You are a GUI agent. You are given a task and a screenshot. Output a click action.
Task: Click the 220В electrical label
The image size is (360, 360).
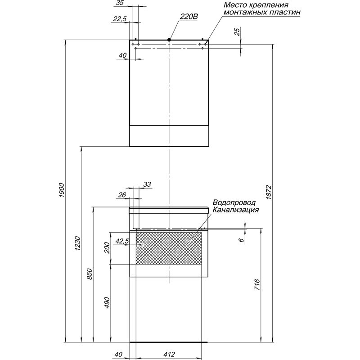click(x=189, y=17)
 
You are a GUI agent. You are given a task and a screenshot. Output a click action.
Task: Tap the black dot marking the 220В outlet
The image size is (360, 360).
click(x=169, y=40)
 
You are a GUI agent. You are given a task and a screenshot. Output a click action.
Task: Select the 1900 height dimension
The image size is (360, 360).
click(x=62, y=190)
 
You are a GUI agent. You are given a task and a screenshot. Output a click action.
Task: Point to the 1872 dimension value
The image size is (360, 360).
click(x=269, y=192)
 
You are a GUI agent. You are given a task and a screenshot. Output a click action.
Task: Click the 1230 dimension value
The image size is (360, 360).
click(x=77, y=243)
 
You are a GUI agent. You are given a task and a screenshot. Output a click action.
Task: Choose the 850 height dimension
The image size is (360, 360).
click(x=89, y=274)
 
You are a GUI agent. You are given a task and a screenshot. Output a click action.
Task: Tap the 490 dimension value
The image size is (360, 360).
click(x=107, y=302)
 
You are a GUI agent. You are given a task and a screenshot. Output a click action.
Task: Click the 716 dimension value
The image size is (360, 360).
click(x=257, y=285)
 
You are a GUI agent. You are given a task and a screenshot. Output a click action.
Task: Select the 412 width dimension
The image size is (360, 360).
click(x=169, y=355)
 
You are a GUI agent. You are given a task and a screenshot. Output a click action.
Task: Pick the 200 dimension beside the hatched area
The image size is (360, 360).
click(x=107, y=247)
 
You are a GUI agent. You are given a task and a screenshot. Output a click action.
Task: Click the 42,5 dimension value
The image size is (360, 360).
click(x=122, y=241)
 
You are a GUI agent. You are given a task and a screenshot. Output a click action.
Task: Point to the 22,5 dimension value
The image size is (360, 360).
click(x=120, y=19)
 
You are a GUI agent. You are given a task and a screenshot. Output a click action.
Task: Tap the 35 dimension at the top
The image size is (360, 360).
click(x=120, y=3)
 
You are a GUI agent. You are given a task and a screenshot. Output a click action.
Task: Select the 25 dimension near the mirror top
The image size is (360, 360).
click(x=237, y=31)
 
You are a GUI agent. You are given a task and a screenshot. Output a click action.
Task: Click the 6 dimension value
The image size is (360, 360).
click(x=241, y=240)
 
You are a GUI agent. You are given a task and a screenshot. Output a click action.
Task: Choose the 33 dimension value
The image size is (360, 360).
click(x=147, y=184)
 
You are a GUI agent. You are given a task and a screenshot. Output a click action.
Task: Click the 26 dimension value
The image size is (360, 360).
click(x=122, y=195)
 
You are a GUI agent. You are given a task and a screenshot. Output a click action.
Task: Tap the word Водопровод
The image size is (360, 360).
click(x=234, y=203)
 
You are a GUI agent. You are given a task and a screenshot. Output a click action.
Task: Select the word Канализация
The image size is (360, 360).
click(x=235, y=210)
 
